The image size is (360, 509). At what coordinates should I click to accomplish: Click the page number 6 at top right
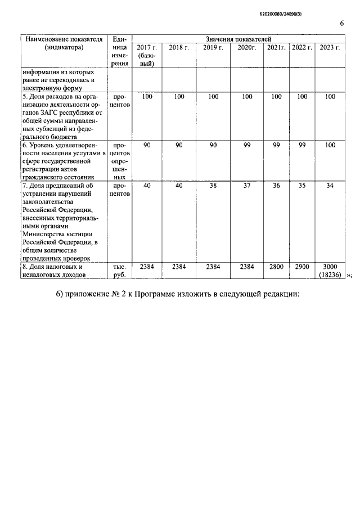341,23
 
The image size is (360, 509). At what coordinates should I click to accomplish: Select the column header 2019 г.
213,47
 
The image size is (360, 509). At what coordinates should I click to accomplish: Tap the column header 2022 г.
302,47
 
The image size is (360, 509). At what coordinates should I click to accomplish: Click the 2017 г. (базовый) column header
147,55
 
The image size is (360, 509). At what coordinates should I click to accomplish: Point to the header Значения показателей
238,39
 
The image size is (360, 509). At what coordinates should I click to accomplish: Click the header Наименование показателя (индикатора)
62,43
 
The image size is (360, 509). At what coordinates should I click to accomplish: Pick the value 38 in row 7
213,186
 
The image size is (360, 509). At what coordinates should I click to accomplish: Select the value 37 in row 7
247,186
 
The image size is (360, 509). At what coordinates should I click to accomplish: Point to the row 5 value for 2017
147,97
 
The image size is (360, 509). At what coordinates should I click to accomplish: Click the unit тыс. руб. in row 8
119,271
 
